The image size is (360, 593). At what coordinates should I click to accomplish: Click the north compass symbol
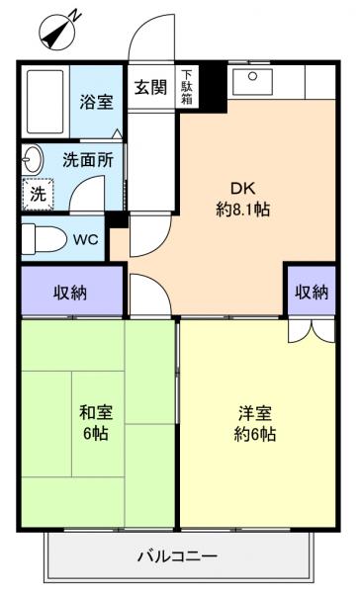(58, 30)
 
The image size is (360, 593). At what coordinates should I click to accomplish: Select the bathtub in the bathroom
(45, 102)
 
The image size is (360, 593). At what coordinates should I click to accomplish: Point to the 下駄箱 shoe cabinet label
(187, 86)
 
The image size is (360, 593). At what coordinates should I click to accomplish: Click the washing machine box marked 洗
(37, 195)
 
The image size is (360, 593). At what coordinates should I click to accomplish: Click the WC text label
(84, 238)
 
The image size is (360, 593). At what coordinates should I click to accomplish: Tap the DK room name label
(242, 188)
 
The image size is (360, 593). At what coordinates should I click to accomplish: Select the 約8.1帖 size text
(242, 210)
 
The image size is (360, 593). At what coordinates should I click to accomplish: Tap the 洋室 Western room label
(254, 413)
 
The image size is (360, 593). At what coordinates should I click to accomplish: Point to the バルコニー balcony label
(177, 556)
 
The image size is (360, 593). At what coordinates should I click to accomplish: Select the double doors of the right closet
(310, 330)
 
